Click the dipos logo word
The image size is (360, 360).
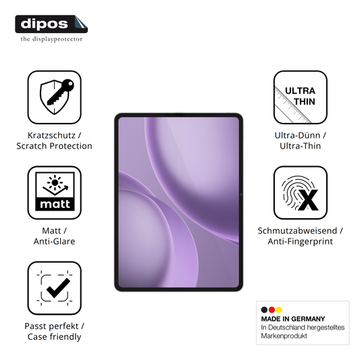[x=44, y=24]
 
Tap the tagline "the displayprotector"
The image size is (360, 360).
[x=51, y=39]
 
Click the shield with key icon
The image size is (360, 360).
[x=57, y=97]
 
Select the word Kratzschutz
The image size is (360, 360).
[x=51, y=135]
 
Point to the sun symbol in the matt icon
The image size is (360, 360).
[x=55, y=183]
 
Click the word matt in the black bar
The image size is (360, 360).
[x=55, y=204]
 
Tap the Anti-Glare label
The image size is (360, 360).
[x=54, y=241]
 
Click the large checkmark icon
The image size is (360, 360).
[x=58, y=288]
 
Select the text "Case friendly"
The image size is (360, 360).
[x=55, y=337]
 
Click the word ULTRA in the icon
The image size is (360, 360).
[x=300, y=91]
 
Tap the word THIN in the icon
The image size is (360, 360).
[x=305, y=101]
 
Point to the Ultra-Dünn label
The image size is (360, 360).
[x=298, y=135]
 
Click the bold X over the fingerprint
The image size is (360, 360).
[x=308, y=200]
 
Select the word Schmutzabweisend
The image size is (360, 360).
[x=297, y=231]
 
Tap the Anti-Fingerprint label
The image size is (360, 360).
[x=301, y=241]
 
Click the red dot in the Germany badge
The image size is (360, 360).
[x=272, y=310]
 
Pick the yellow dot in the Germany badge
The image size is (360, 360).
[x=279, y=310]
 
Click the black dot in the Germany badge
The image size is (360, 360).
[x=264, y=310]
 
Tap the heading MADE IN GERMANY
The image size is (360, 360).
[x=293, y=319]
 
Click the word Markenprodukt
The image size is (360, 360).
[x=284, y=336]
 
